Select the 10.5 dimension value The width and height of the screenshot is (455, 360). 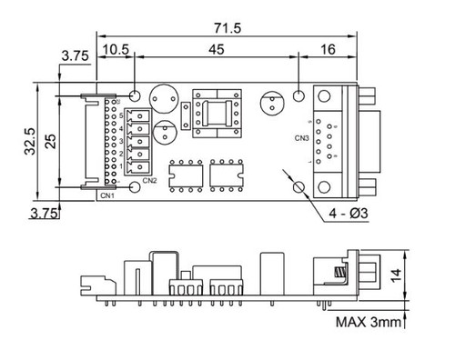(116, 47)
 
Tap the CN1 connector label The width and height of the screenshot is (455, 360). (107, 194)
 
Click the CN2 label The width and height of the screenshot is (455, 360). (150, 180)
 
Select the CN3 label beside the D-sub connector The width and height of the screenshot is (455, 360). (301, 138)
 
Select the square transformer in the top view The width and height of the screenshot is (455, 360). (217, 114)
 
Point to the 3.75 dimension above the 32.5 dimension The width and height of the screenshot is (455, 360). (76, 57)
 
